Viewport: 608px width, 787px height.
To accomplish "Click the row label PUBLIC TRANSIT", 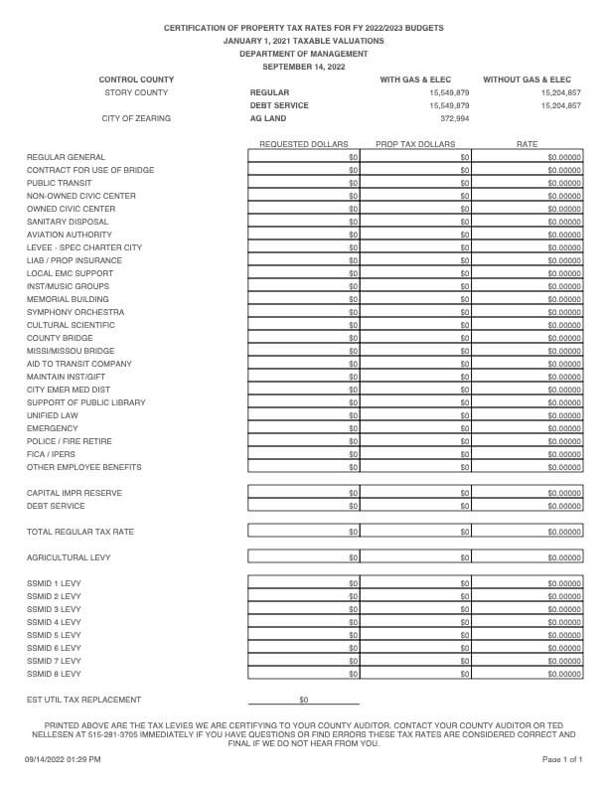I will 57,183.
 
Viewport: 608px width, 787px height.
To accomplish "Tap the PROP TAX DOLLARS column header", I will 415,144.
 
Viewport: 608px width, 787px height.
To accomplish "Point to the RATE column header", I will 527,144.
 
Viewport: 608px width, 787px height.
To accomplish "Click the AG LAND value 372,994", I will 454,118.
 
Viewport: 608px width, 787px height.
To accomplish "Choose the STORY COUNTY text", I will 136,92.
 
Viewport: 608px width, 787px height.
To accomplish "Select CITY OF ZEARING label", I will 136,118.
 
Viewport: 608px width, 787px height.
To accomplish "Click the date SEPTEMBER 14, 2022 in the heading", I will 303,67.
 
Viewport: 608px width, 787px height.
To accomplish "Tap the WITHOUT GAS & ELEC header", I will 527,79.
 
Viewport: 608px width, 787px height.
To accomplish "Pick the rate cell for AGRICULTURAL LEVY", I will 528,557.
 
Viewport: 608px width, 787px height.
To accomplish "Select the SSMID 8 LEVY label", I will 54,674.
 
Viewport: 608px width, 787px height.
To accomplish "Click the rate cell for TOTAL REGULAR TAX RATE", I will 528,532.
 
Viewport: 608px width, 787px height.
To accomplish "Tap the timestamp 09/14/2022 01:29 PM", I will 63,759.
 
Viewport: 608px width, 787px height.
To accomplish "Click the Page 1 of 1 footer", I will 562,759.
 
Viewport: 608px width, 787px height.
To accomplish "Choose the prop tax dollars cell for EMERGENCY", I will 415,428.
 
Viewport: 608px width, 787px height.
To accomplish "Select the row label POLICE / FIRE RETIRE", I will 70,441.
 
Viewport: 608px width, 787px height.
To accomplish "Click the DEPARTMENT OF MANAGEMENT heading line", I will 303,54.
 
